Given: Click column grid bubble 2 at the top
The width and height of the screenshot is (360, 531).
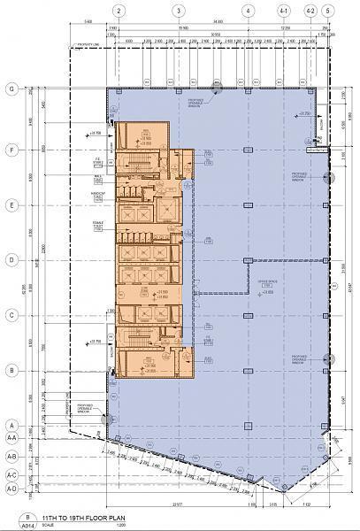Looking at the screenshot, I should tap(117, 11).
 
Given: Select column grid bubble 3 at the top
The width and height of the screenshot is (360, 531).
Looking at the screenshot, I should tap(180, 11).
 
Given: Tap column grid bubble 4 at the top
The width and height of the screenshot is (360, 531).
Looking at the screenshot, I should tap(249, 11).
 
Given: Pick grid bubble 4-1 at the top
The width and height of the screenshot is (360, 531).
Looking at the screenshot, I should tap(285, 11).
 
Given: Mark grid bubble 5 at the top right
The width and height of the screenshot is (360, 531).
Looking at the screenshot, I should tap(328, 11).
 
